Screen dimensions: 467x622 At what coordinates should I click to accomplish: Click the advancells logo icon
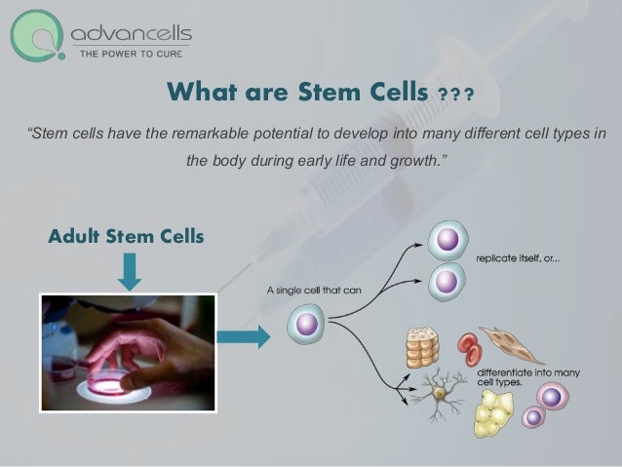[38, 36]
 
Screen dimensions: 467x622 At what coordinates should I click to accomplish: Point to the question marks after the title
[455, 95]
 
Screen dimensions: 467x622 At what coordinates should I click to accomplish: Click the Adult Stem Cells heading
[126, 237]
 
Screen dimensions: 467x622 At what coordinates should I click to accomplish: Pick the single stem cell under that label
[306, 324]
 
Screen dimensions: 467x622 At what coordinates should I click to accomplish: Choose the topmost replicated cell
[448, 241]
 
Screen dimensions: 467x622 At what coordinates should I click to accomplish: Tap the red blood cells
[468, 349]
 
